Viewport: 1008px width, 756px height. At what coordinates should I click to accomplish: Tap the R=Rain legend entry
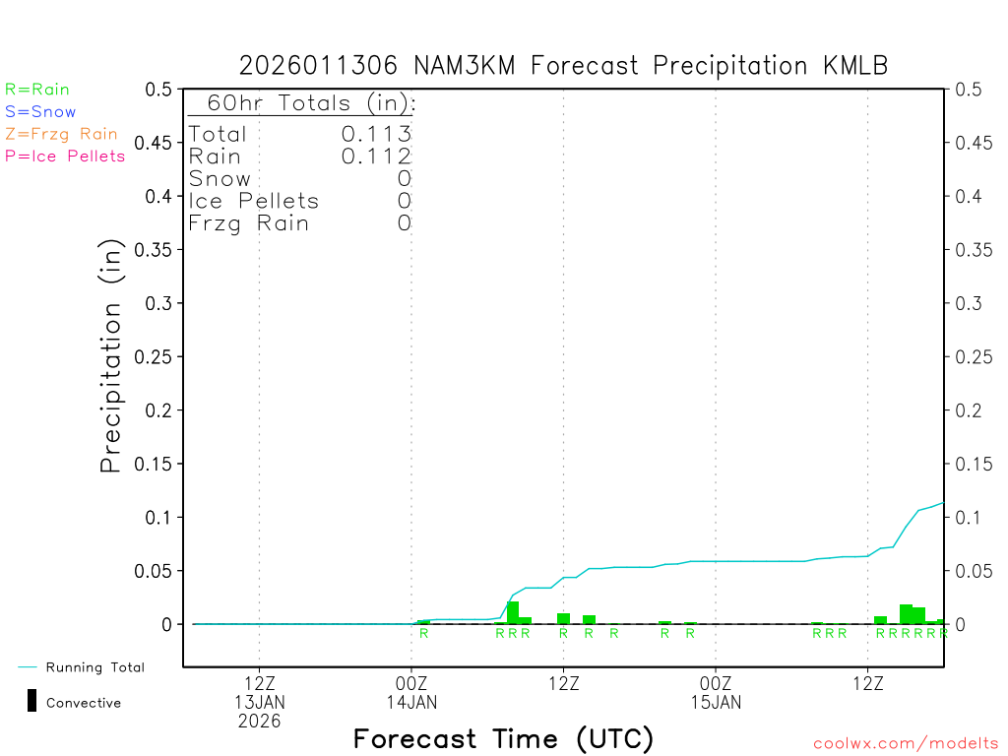(x=37, y=90)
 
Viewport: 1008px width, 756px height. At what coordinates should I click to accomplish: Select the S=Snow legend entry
(x=40, y=112)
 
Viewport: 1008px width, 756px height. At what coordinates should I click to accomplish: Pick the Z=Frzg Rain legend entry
(x=61, y=134)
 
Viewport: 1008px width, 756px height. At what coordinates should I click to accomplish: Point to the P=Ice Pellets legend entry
(x=65, y=156)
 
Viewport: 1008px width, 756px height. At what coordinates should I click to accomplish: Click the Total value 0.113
(x=376, y=134)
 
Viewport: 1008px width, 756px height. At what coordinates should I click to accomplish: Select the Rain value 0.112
(x=376, y=156)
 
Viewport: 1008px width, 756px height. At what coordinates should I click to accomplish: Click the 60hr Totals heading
(x=302, y=103)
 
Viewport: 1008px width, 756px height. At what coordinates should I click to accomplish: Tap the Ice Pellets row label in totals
(x=254, y=201)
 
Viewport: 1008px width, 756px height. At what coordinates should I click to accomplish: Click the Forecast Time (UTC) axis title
(x=503, y=738)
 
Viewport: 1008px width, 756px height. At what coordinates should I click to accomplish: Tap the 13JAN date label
(x=259, y=702)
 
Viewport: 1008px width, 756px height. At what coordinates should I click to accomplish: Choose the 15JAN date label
(x=716, y=702)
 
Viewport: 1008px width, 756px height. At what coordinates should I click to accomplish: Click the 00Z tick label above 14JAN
(x=411, y=683)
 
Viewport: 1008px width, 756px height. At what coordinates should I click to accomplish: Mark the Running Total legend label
(x=94, y=667)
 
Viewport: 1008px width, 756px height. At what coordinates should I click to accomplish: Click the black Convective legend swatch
(x=32, y=701)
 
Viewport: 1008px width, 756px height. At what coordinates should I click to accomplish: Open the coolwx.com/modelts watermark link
(x=907, y=743)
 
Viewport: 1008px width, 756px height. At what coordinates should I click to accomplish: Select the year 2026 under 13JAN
(x=259, y=721)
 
